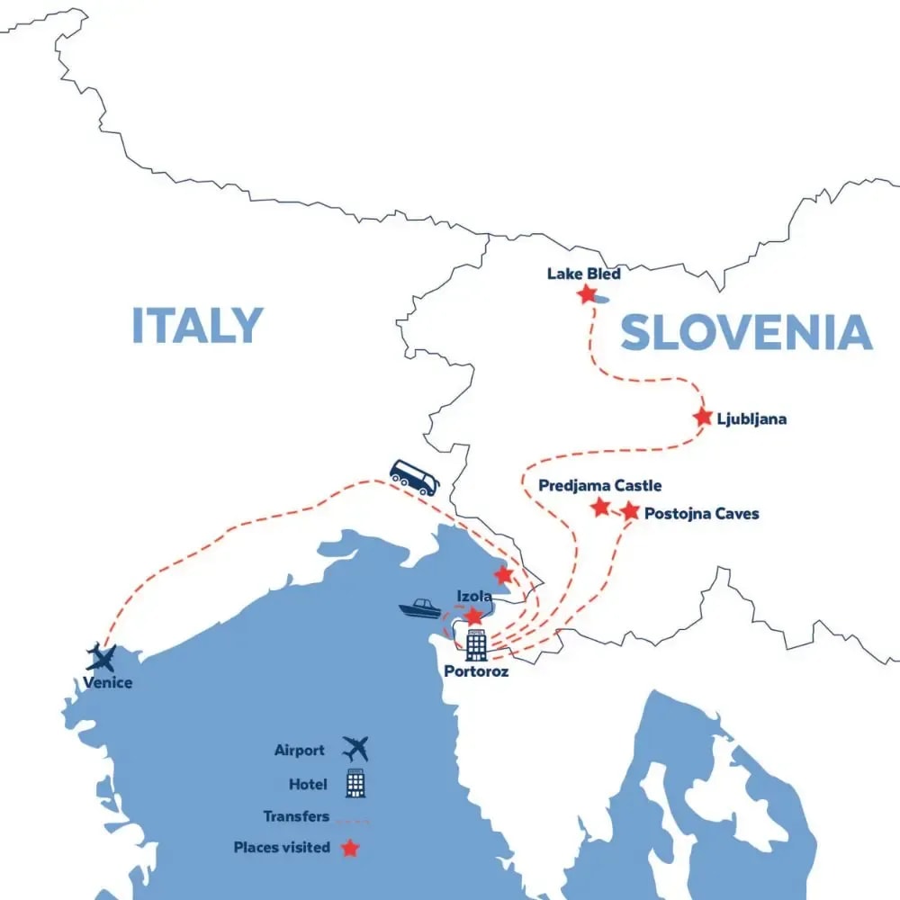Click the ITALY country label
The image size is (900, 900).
point(197,326)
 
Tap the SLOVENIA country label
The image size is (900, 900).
point(746,333)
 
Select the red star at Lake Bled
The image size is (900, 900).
point(587,293)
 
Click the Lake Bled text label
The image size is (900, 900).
point(583,274)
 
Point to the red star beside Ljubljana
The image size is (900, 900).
point(703,417)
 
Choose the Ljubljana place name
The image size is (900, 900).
point(752,418)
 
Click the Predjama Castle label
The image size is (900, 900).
point(599,486)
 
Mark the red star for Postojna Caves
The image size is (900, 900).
point(630,511)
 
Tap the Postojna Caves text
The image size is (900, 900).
point(702,514)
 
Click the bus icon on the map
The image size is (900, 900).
point(414,478)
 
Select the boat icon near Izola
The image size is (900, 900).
point(419,609)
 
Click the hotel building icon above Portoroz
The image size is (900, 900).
point(476,644)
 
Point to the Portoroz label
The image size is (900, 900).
point(476,671)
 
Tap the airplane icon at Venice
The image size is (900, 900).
point(102,658)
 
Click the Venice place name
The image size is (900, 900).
point(108,683)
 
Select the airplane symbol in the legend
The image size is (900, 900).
point(355,749)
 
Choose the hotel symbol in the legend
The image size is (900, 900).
point(355,784)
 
